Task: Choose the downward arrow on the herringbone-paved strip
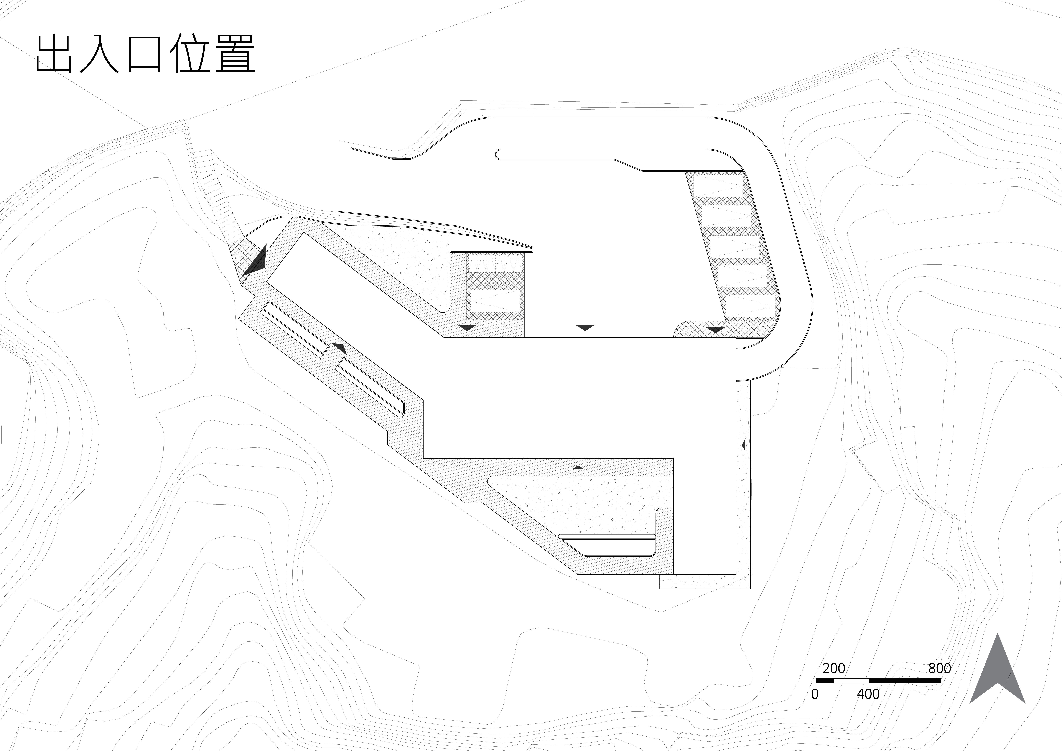[x=716, y=330]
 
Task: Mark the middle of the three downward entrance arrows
[x=585, y=327]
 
